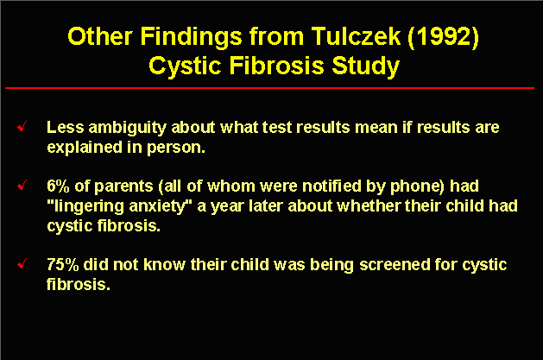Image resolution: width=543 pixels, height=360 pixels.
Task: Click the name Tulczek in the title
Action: coord(356,36)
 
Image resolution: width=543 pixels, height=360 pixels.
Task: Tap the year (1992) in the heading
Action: coord(443,37)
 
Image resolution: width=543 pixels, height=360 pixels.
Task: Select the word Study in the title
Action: coord(366,66)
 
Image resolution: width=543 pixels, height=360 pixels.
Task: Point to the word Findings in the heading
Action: coord(191,37)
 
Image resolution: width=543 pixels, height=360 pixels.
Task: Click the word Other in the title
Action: coord(100,36)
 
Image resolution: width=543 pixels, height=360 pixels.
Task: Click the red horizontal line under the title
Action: coord(269,88)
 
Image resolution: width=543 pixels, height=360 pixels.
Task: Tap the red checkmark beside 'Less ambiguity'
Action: coord(22,126)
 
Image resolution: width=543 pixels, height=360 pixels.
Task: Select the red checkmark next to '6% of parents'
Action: coord(22,186)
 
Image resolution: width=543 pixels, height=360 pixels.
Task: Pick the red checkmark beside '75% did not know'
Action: coord(22,264)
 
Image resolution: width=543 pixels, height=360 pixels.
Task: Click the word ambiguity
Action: coord(128,128)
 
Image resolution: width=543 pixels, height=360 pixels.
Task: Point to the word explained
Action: coord(85,148)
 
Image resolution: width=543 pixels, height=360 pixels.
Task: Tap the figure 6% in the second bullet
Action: coord(58,186)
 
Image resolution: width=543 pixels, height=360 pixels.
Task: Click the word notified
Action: coord(331,186)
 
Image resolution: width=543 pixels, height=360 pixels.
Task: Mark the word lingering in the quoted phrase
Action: coord(88,207)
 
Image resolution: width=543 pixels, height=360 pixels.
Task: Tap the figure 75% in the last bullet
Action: coord(63,265)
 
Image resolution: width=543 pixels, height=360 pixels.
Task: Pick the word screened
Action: coord(395,265)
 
